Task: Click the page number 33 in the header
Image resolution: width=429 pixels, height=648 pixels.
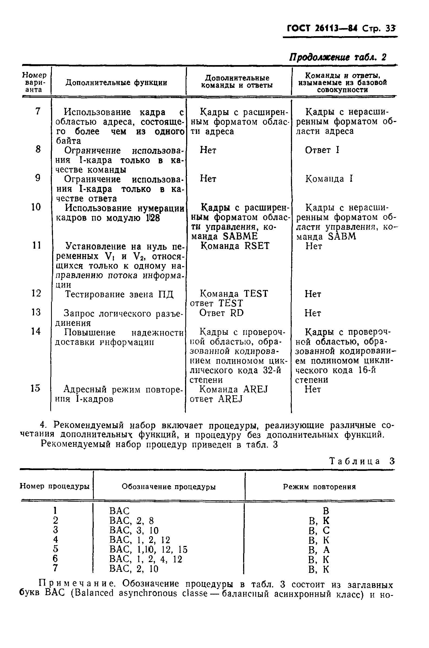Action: pos(390,28)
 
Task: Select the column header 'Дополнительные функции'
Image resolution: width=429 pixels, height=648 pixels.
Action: pos(116,83)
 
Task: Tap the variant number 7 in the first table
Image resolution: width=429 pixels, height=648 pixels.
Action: pos(38,111)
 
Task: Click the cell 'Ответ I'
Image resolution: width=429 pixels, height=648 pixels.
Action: pos(322,150)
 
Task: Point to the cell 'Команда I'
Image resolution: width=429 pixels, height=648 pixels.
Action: pos(329,178)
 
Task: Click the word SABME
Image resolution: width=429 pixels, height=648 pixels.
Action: pos(240,236)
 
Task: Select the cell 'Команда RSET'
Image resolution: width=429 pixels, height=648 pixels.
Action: pos(235,246)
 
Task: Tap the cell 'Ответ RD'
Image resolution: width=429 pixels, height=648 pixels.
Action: pos(221,313)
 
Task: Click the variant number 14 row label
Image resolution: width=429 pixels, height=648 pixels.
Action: pos(36,331)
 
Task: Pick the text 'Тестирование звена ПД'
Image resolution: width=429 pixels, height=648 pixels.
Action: pos(119,295)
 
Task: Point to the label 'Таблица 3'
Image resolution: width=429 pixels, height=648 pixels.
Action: pos(362,461)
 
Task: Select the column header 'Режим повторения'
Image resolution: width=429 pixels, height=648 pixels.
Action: pos(319,487)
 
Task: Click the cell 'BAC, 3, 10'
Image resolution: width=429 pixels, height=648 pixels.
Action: pos(134,531)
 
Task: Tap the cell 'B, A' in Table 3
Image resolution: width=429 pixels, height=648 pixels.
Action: pos(319,549)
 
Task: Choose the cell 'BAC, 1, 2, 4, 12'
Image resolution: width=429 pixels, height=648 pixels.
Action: pos(146,559)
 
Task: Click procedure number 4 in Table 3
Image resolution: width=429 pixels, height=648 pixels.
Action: pos(56,539)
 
